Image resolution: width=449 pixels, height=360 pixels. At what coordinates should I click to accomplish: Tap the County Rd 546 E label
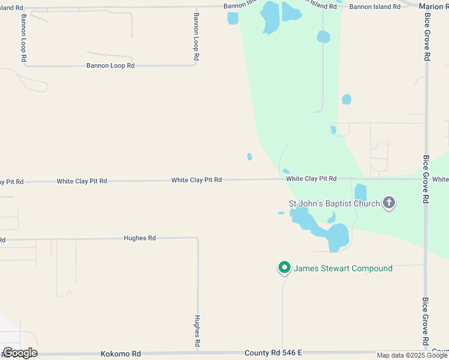pyautogui.click(x=273, y=354)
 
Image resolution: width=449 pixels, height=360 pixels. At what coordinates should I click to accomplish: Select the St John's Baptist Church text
pyautogui.click(x=334, y=203)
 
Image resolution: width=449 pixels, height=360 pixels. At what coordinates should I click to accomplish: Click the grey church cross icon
pyautogui.click(x=389, y=203)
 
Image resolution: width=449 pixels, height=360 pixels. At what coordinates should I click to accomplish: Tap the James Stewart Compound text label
pyautogui.click(x=343, y=268)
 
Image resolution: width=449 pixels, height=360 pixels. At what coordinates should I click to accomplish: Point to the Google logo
pyautogui.click(x=20, y=353)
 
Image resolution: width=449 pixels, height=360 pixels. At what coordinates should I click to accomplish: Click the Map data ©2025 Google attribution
pyautogui.click(x=412, y=355)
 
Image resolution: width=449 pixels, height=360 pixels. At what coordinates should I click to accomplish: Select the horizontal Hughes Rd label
pyautogui.click(x=139, y=238)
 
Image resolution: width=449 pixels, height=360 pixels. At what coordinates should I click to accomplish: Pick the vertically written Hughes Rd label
pyautogui.click(x=197, y=332)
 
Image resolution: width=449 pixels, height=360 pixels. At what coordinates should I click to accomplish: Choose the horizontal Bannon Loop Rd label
pyautogui.click(x=110, y=65)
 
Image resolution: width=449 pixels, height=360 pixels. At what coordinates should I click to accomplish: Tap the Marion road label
pyautogui.click(x=433, y=7)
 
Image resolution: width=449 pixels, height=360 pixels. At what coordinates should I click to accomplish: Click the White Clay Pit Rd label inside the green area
pyautogui.click(x=311, y=179)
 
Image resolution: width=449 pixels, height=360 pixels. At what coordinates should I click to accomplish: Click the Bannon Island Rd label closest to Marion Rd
pyautogui.click(x=375, y=7)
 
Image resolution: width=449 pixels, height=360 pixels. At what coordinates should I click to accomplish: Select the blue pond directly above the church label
pyautogui.click(x=360, y=192)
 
